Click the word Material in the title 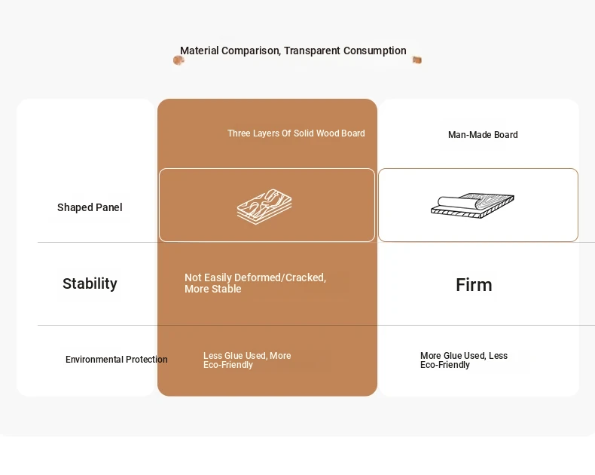[x=200, y=51]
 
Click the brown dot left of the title [x=178, y=60]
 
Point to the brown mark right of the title [x=417, y=60]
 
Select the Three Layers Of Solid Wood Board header [x=296, y=133]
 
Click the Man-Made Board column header [x=483, y=135]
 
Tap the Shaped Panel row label [x=90, y=207]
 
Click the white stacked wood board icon [x=264, y=207]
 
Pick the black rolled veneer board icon [x=472, y=206]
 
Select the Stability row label [x=90, y=283]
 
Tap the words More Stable [x=213, y=289]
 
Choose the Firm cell [x=474, y=284]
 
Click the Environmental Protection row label [x=117, y=360]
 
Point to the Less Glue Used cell [x=247, y=360]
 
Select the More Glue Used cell [x=464, y=360]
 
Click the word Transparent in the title [x=312, y=51]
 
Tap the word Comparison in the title [x=252, y=51]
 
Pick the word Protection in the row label [x=146, y=360]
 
